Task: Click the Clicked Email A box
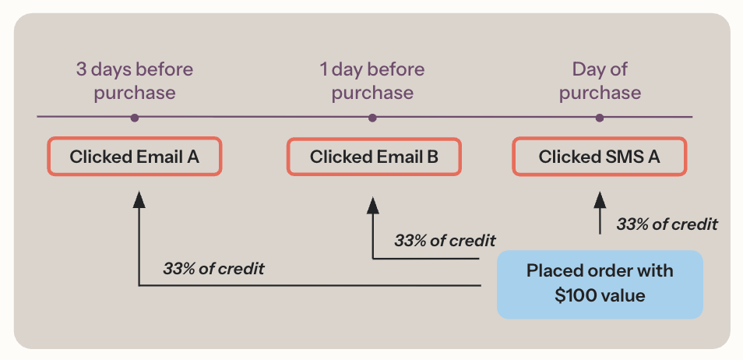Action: [x=135, y=157]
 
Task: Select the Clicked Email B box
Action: [x=374, y=157]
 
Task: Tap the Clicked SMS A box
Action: [x=599, y=157]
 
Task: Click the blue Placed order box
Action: [x=600, y=284]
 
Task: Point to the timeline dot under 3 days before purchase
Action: [x=135, y=118]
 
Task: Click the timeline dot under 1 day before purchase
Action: [x=372, y=118]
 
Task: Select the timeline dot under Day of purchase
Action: [x=599, y=118]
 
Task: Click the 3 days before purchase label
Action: [x=135, y=81]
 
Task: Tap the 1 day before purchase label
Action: [x=372, y=81]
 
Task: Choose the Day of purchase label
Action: [x=600, y=81]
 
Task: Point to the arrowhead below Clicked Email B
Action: [x=373, y=204]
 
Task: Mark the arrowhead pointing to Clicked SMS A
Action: [x=599, y=200]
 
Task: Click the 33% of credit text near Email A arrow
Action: [x=213, y=269]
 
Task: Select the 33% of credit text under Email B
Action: [x=445, y=240]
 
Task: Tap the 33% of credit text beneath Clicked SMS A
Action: [x=667, y=224]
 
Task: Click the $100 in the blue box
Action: [x=569, y=295]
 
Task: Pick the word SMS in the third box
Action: [x=619, y=157]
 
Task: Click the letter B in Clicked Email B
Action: [x=432, y=157]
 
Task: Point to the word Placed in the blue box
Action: [x=552, y=271]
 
